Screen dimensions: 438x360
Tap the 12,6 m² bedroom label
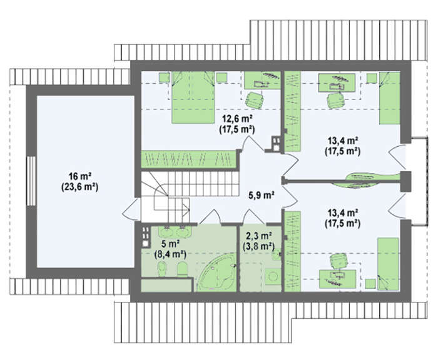[x=237, y=119]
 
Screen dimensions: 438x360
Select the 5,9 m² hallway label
[x=261, y=196]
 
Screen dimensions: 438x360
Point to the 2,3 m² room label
[x=259, y=236]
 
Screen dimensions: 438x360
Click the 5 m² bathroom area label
[x=170, y=244]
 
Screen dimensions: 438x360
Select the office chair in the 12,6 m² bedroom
[x=255, y=100]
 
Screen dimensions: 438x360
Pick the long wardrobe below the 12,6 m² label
[x=188, y=159]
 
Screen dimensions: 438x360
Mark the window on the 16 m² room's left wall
[x=31, y=181]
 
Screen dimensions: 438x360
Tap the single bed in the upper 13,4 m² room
[x=390, y=98]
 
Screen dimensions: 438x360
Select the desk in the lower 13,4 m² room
[x=337, y=279]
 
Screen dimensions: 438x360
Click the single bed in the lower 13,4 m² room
[x=388, y=264]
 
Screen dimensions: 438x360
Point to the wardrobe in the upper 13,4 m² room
[x=292, y=111]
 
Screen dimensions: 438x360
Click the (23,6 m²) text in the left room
[x=79, y=187]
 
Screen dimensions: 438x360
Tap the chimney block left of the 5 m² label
[x=145, y=237]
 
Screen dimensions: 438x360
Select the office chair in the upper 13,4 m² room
[x=335, y=101]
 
